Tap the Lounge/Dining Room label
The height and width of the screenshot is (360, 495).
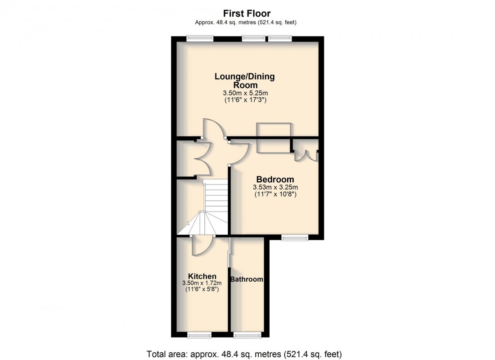click(x=244, y=81)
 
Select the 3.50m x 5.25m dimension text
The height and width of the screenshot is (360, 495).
click(x=245, y=93)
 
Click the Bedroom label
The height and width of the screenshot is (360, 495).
click(x=275, y=179)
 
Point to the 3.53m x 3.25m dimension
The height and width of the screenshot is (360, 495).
click(x=275, y=187)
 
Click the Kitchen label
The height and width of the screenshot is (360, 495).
click(x=202, y=276)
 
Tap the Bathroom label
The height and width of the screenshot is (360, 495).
click(x=247, y=279)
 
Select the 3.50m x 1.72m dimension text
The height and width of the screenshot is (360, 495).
click(x=202, y=283)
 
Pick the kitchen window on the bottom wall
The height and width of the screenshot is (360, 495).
click(x=199, y=335)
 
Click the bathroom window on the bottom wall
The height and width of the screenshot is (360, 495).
click(x=247, y=335)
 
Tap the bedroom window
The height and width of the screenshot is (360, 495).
click(x=295, y=237)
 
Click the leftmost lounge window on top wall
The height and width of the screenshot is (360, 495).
click(x=200, y=38)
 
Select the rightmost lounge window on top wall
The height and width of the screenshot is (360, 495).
click(x=280, y=38)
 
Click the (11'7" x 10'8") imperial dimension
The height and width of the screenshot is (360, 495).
click(x=275, y=195)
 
